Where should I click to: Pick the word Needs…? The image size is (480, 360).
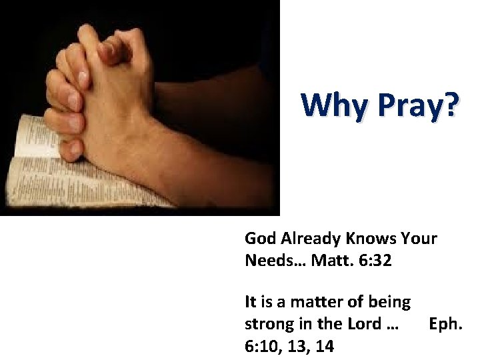pyautogui.click(x=273, y=261)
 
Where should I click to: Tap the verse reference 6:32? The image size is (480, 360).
pyautogui.click(x=375, y=261)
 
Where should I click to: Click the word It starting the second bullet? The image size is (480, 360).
pyautogui.click(x=250, y=302)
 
